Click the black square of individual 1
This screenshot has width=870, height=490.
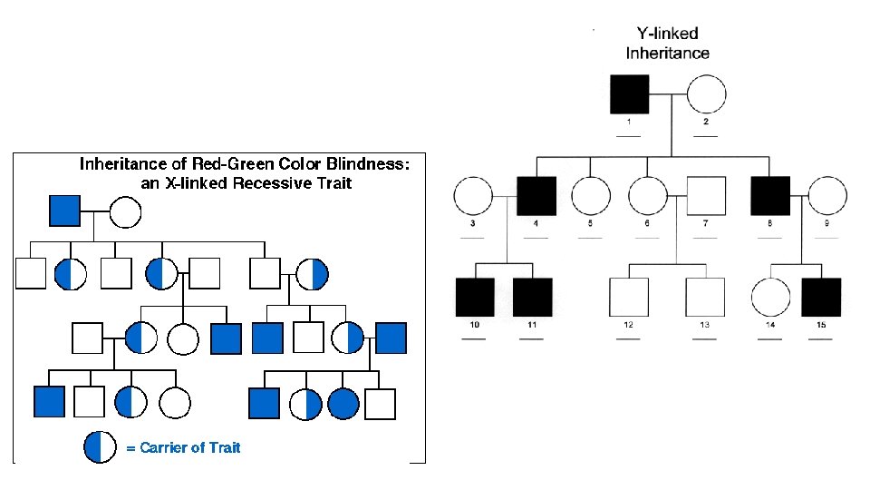(629, 95)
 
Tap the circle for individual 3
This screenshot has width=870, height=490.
(472, 197)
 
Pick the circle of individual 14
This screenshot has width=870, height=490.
(770, 298)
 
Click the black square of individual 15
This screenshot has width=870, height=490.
(821, 298)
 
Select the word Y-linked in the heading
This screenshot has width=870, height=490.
(667, 34)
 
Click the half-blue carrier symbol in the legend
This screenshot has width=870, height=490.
(100, 446)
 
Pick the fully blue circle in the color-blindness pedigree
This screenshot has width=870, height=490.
(344, 403)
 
